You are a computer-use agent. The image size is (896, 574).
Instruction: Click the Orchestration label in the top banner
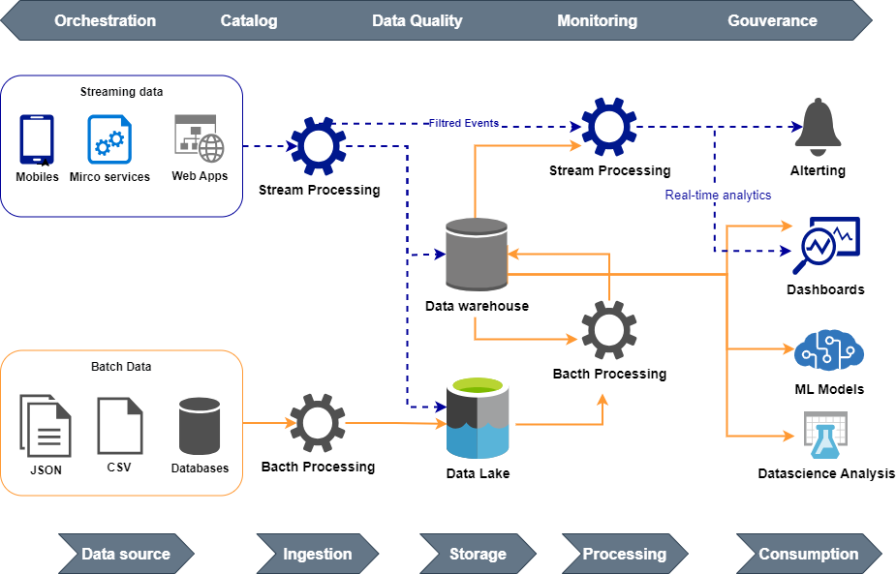105,20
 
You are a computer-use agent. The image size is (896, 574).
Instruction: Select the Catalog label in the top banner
248,20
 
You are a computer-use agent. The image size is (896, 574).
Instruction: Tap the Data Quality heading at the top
417,20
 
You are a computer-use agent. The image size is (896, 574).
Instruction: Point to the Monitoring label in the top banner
597,20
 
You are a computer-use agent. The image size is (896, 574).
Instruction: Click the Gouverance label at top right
772,20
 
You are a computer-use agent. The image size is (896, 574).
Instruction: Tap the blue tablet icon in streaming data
37,139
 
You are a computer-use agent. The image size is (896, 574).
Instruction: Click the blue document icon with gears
109,139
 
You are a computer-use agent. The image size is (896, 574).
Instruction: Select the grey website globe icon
199,138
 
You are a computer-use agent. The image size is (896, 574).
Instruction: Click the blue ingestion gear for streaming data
319,145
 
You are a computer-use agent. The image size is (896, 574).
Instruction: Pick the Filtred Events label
464,123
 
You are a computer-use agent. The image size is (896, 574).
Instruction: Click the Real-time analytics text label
718,195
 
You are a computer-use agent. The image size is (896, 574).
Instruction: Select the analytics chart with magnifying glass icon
825,244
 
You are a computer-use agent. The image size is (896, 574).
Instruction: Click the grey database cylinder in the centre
477,254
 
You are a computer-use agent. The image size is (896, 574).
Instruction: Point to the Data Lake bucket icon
478,417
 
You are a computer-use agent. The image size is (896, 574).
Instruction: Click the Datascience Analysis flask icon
825,436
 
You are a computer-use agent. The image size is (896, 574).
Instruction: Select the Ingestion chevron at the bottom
317,554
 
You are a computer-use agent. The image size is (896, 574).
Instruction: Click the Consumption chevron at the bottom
808,554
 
